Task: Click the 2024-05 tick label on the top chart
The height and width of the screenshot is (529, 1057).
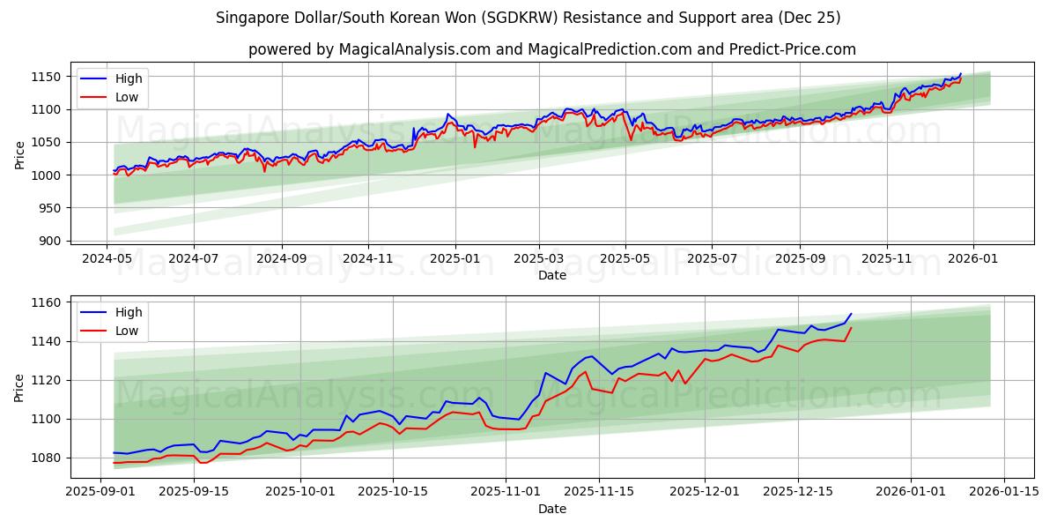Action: click(x=107, y=260)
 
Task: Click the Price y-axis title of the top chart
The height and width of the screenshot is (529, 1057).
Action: click(x=19, y=155)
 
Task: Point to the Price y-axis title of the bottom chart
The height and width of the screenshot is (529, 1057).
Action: click(x=19, y=388)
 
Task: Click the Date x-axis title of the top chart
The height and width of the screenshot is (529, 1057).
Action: click(x=552, y=275)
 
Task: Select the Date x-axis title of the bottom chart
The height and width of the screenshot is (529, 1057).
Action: click(x=552, y=509)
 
